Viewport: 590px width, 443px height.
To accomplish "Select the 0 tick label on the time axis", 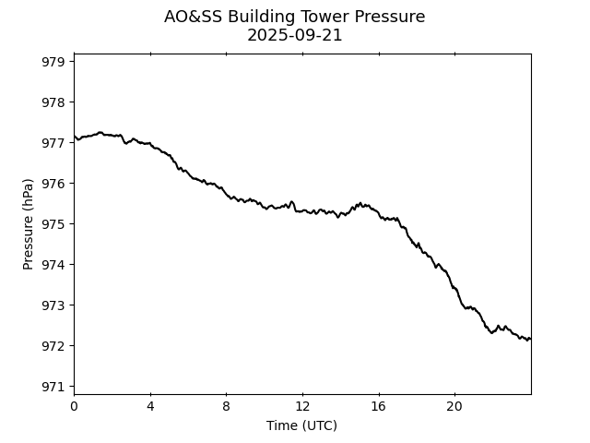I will (x=74, y=406).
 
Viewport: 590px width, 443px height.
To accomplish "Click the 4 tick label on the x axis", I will (x=150, y=406).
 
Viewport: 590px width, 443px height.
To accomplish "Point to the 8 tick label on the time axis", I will (x=226, y=406).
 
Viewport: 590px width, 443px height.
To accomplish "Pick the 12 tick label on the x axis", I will (x=302, y=406).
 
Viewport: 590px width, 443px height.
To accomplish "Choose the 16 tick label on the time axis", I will (x=379, y=406).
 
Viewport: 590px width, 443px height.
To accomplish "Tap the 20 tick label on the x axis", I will (x=454, y=406).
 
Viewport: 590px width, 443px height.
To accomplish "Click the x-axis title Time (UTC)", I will (x=301, y=425).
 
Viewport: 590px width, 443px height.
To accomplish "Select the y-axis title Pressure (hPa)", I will (x=29, y=224).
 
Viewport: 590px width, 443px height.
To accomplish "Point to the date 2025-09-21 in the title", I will (x=295, y=36).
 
